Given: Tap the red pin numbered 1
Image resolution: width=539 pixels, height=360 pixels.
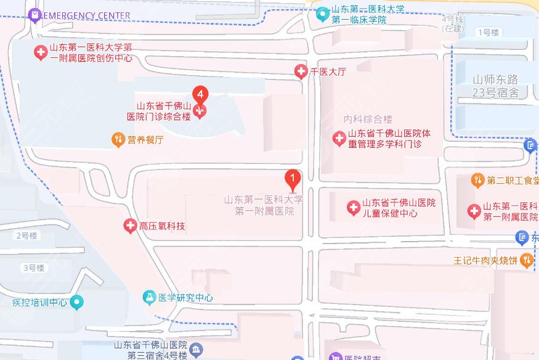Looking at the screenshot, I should coord(293,179).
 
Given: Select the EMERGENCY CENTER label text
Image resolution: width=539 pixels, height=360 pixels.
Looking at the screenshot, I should coord(87,15).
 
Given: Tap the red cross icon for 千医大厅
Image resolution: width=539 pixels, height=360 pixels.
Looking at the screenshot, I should coord(301,72).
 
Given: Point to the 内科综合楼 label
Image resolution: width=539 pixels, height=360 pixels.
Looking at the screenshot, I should coord(368,119).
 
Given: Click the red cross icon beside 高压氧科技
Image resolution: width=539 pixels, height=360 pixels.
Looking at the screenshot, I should coord(130,226).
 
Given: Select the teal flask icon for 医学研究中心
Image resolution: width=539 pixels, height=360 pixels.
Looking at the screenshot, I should coord(149,297).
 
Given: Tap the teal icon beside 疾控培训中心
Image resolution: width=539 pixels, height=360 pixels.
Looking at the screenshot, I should coord(76,302).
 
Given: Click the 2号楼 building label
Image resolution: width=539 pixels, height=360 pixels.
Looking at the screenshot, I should coord(26,235).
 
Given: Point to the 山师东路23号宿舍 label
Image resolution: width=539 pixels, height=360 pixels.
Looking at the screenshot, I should coord(496,86).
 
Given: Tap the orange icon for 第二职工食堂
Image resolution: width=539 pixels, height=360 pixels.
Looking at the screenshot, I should coord(477,180).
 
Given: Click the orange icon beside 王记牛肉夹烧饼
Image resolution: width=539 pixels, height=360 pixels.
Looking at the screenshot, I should coord(526,260).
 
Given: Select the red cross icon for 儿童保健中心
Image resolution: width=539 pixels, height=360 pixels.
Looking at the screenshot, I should coord(353,208).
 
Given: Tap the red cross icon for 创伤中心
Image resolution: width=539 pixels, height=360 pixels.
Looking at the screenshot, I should coord(41,53).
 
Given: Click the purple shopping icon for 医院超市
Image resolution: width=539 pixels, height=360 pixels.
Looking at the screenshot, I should coord(336,357).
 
